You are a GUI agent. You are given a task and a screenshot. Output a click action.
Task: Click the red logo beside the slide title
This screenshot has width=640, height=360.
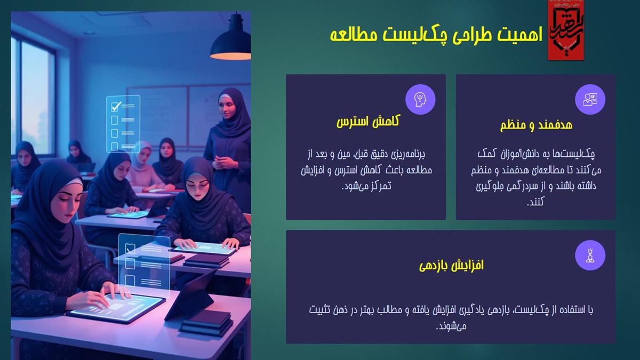coord(565,30)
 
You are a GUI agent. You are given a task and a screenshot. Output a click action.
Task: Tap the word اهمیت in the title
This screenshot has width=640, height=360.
coord(520,35)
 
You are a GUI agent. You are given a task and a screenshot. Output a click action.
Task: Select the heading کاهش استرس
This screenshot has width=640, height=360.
coord(369,122)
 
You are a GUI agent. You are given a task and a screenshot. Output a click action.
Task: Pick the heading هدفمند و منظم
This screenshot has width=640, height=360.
coord(536,125)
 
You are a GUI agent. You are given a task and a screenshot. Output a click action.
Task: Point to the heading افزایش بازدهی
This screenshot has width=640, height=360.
coord(451,265)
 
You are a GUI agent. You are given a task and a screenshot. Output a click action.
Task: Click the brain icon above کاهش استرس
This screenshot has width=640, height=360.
coord(420,99)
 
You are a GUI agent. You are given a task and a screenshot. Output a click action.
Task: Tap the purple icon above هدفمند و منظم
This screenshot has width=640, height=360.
coord(590,99)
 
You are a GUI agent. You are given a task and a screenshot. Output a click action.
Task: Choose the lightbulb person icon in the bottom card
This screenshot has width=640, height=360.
coord(590,255)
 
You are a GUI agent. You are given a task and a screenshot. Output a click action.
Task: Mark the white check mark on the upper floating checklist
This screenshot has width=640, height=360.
coord(116,106)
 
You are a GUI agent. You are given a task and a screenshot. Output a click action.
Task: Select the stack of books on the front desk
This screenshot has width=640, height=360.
coord(207,322)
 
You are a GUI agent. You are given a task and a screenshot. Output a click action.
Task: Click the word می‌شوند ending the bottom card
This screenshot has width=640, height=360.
coord(451,326)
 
